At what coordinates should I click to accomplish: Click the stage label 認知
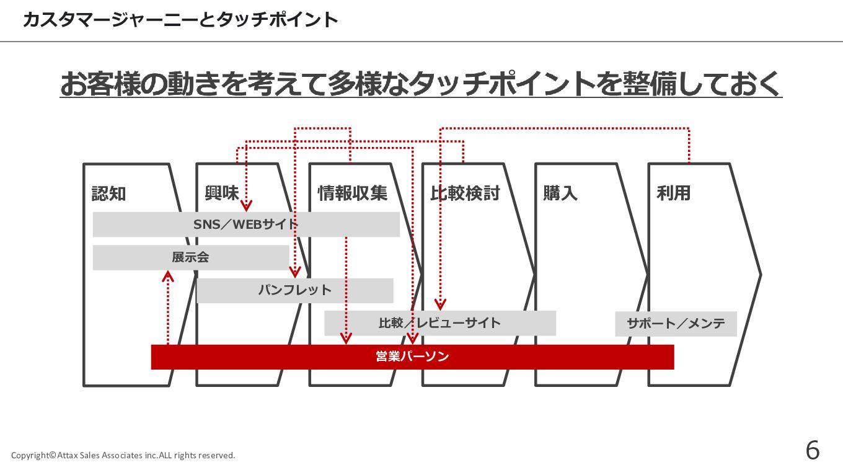(x=108, y=193)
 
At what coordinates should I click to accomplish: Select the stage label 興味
(x=221, y=193)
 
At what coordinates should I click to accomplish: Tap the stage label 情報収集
(x=352, y=193)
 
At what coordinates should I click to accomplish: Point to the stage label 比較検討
(x=465, y=193)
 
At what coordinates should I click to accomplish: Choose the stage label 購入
(x=560, y=193)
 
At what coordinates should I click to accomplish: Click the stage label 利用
(x=673, y=193)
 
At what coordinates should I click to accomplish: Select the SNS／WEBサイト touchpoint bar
(x=245, y=224)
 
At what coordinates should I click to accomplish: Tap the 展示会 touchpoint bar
(x=190, y=257)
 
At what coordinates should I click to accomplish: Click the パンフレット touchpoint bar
(x=294, y=290)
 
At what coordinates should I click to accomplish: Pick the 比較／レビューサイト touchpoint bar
(x=439, y=323)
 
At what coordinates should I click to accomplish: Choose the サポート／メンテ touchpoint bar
(x=676, y=324)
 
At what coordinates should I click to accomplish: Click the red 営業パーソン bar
(x=412, y=357)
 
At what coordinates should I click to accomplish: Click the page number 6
(x=812, y=450)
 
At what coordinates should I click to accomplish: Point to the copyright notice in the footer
(x=123, y=455)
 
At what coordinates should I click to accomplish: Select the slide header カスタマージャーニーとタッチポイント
(x=180, y=20)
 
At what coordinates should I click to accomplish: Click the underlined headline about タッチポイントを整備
(x=421, y=84)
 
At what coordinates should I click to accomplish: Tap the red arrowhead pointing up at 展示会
(x=168, y=275)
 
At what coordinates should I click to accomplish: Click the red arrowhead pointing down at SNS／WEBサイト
(x=247, y=206)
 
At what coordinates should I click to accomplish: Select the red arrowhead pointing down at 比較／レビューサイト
(x=440, y=304)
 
